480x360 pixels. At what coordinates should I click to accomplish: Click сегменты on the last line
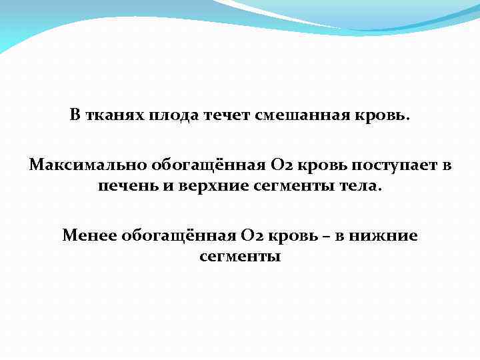pyautogui.click(x=240, y=256)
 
